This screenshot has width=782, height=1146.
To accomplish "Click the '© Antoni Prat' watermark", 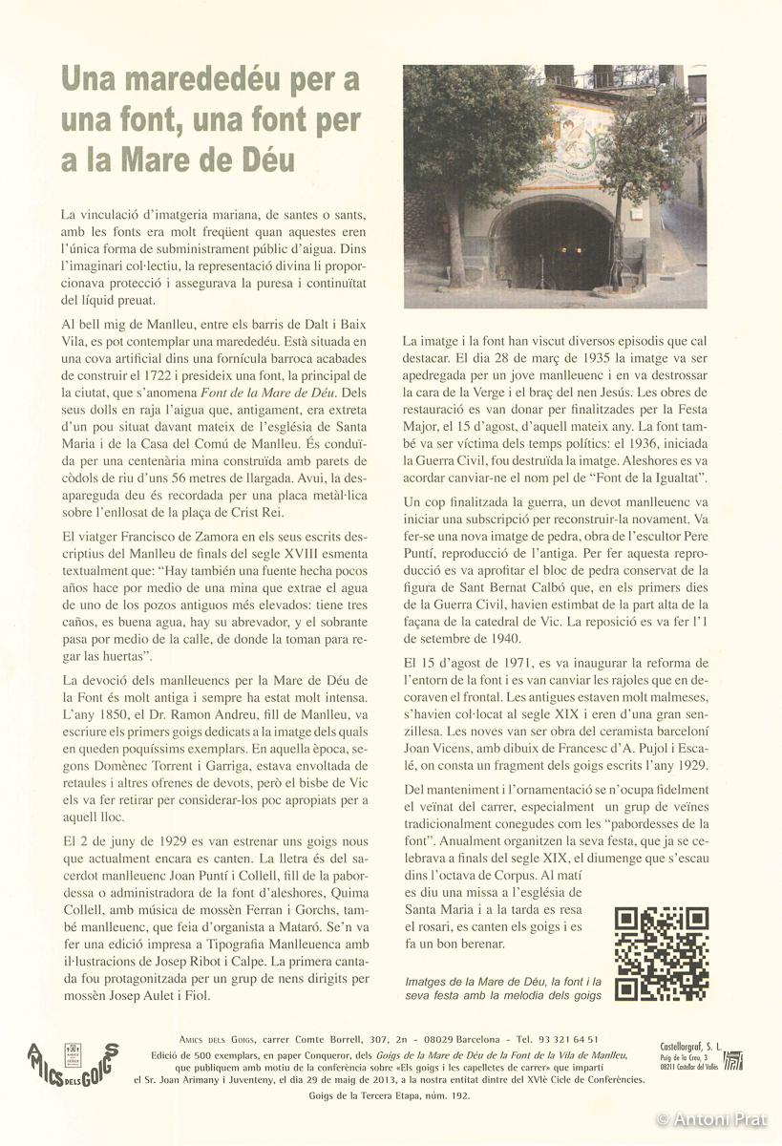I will [x=715, y=1118].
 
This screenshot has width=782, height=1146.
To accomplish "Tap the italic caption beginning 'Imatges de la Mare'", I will [x=502, y=988].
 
